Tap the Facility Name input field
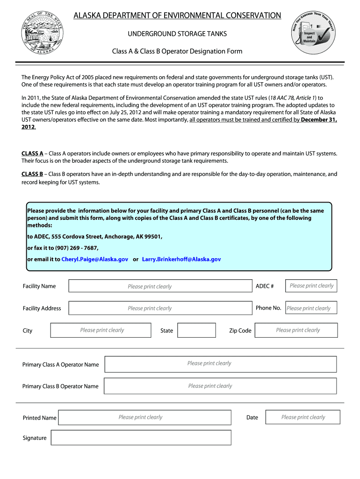[x=159, y=286]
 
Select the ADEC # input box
[x=311, y=286]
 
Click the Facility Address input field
[x=159, y=308]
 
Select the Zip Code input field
[x=297, y=330]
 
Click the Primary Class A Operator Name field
[x=220, y=364]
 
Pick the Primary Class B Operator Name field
[x=220, y=386]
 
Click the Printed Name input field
[x=144, y=417]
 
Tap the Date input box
[x=302, y=417]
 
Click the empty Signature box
[x=141, y=438]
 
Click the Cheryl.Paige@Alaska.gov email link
[x=95, y=259]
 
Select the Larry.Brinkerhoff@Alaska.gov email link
[x=181, y=259]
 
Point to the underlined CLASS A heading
[x=32, y=153]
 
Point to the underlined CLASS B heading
[x=32, y=174]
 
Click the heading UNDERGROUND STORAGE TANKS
[x=177, y=35]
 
